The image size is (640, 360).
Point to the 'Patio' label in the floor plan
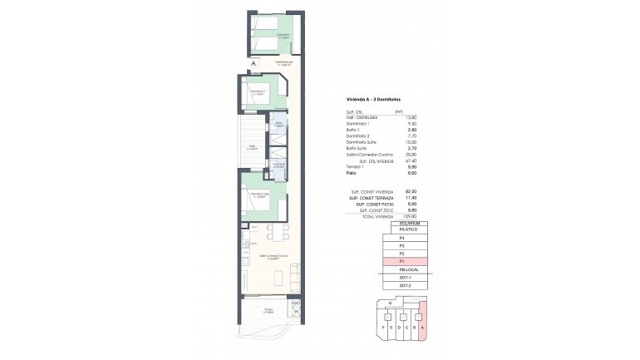coord(251,150)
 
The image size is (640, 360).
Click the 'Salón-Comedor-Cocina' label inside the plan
coord(268,255)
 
